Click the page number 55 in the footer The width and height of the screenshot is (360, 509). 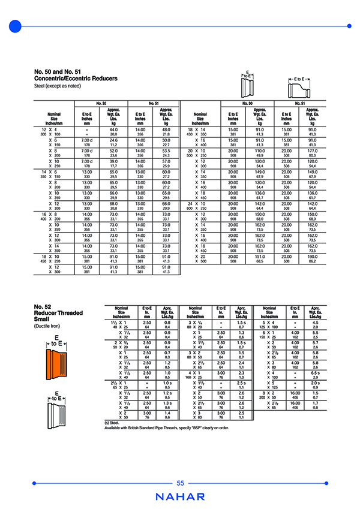pos(180,484)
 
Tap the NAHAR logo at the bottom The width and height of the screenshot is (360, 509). pos(180,497)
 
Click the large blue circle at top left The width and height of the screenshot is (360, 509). pos(16,26)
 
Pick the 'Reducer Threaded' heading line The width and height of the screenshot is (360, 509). pos(59,312)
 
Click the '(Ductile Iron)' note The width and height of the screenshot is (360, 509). pos(49,326)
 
